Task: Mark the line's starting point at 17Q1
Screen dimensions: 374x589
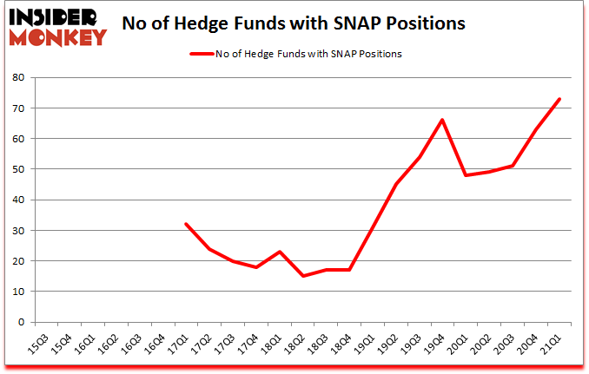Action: (186, 224)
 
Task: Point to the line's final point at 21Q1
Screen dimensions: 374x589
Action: (560, 99)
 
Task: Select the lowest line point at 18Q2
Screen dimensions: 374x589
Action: (303, 276)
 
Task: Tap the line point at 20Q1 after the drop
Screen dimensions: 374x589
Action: (467, 175)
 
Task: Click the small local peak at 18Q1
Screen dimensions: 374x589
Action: (280, 252)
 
